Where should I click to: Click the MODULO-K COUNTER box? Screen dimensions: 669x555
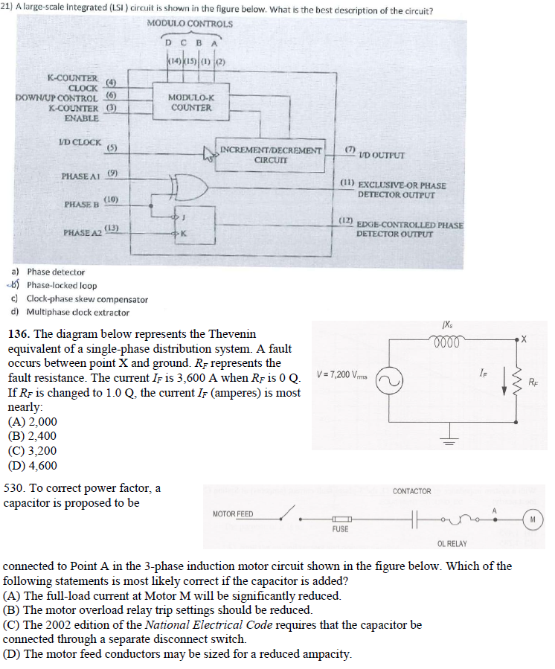click(x=190, y=103)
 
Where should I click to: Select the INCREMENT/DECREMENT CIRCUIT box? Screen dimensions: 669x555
click(x=272, y=154)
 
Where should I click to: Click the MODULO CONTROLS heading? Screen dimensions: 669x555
click(x=190, y=23)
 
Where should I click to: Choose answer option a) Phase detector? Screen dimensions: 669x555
click(x=56, y=272)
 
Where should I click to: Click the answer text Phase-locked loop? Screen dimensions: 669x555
click(x=62, y=286)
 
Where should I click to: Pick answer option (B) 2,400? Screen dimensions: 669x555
click(x=31, y=436)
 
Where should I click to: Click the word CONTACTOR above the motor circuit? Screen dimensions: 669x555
click(x=411, y=491)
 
